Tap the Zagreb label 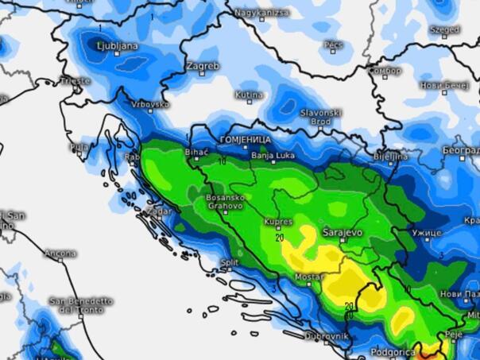(203, 66)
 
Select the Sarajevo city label (343, 233)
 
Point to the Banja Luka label (273, 156)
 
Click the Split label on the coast (230, 261)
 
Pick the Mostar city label (309, 276)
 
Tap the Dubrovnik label (327, 337)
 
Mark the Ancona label (60, 254)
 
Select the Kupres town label (279, 223)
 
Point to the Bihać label (195, 152)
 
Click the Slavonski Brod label (321, 117)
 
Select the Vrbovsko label (150, 104)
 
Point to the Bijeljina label (391, 157)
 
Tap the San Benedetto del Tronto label (80, 305)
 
